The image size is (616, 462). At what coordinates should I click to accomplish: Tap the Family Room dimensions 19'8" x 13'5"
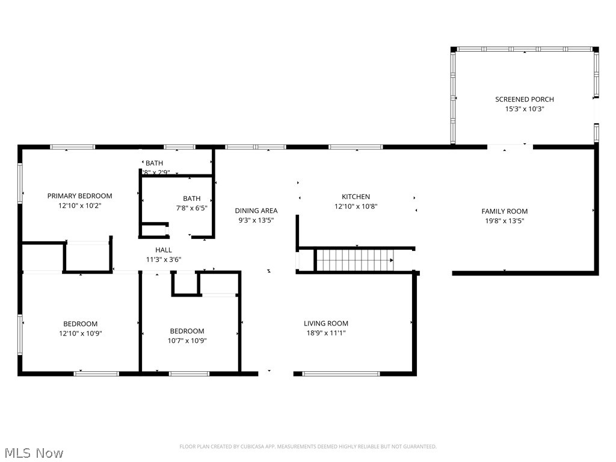[x=504, y=221]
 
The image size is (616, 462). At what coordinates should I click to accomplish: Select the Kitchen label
[x=356, y=197]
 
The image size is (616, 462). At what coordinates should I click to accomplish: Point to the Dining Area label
[x=256, y=211]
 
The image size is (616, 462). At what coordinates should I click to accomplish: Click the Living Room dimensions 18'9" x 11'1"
[x=325, y=333]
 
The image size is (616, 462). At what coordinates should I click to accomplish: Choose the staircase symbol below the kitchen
[x=354, y=260]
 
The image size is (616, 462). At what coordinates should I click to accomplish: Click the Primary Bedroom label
[x=79, y=196]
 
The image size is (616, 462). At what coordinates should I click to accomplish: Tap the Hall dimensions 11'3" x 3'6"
[x=164, y=259]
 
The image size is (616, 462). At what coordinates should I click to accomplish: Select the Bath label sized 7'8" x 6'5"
[x=192, y=199]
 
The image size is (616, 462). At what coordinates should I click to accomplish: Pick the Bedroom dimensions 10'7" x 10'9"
[x=186, y=340]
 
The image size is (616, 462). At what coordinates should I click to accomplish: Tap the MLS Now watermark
[x=33, y=452]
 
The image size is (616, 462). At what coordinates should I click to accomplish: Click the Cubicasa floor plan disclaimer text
[x=308, y=446]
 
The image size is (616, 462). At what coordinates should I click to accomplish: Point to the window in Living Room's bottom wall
[x=340, y=374]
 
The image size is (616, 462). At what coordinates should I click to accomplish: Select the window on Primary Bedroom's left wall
[x=20, y=183]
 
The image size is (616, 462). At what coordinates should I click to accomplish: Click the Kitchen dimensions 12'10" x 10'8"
[x=356, y=206]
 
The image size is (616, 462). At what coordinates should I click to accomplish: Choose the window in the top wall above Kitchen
[x=355, y=147]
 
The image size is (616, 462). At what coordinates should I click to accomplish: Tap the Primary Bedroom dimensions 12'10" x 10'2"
[x=79, y=205]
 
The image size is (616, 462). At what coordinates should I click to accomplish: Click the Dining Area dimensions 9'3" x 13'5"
[x=256, y=220]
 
